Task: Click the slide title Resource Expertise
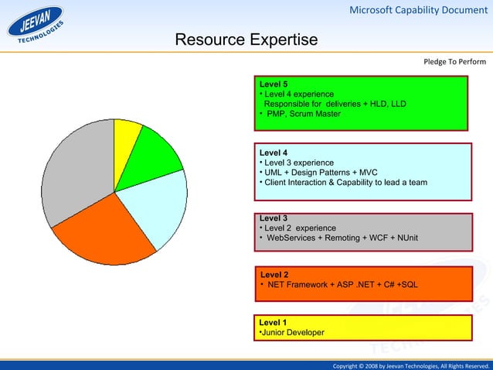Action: tap(246, 40)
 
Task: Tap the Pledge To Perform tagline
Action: tap(454, 62)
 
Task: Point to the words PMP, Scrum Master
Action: tap(303, 114)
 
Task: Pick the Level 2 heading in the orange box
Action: tap(275, 275)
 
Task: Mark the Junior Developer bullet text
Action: tap(293, 332)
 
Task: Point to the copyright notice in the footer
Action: tap(410, 365)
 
